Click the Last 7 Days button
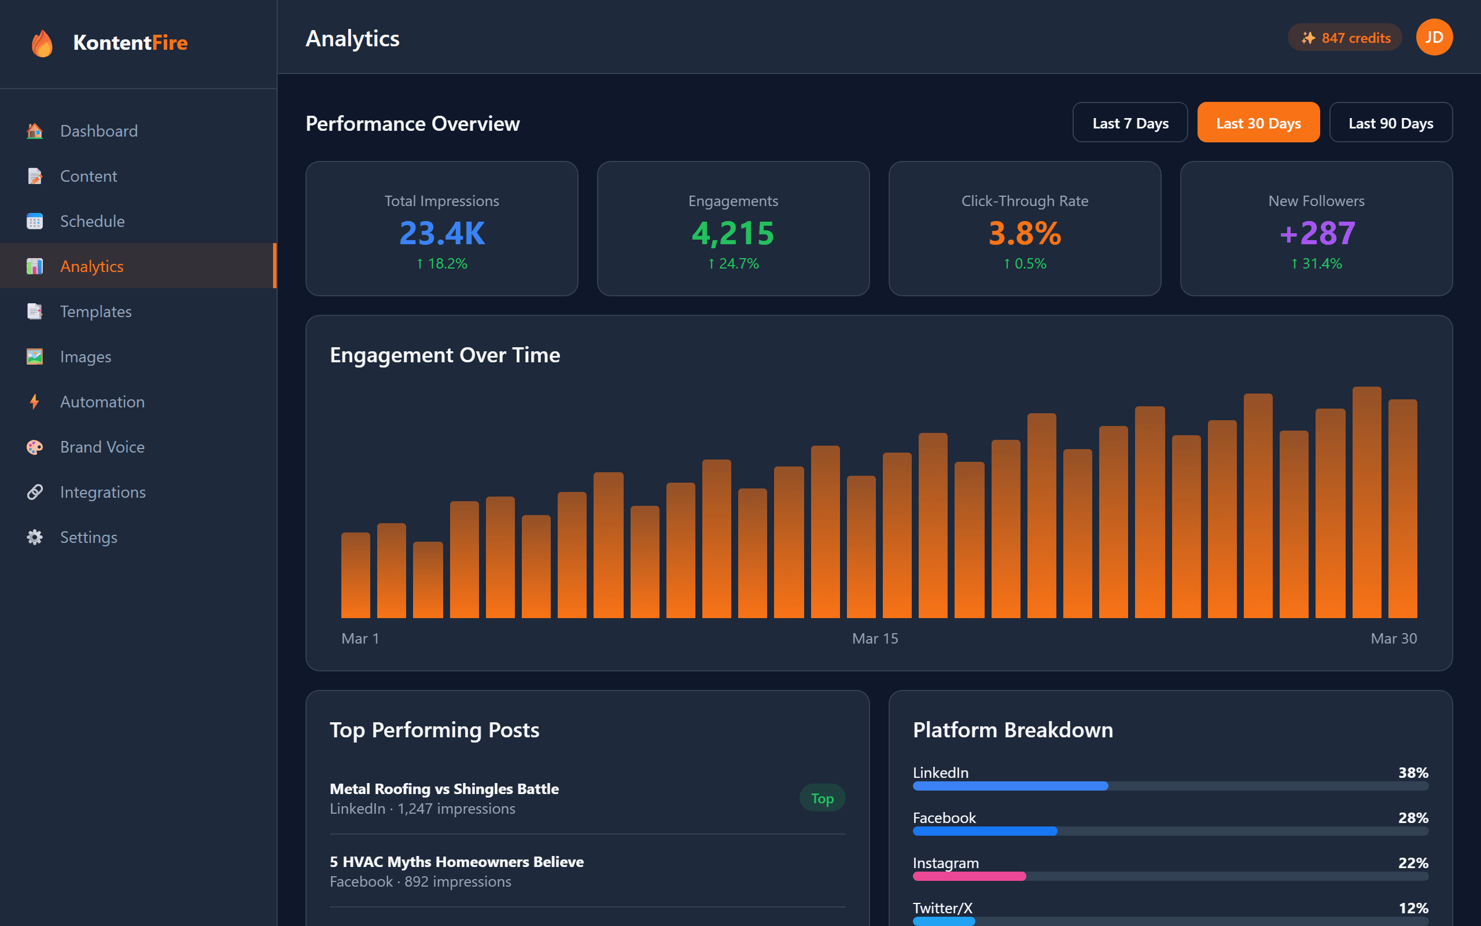tap(1130, 123)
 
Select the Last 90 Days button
tap(1390, 123)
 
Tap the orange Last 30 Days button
tap(1258, 123)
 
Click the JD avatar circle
tap(1434, 38)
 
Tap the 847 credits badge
tap(1344, 38)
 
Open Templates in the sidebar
tap(95, 312)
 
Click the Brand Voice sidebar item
tap(102, 447)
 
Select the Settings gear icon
tap(35, 537)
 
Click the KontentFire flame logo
tap(42, 43)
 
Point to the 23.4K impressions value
tap(442, 233)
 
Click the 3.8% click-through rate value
tap(1025, 233)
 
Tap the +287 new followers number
tap(1316, 233)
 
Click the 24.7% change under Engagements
tap(733, 264)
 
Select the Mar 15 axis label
tap(875, 639)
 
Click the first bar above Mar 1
tap(356, 576)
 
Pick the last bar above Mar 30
tap(1403, 508)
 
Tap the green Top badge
tap(822, 798)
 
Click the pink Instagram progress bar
tap(969, 876)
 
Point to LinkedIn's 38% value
tap(1413, 773)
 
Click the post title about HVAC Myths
tap(456, 862)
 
